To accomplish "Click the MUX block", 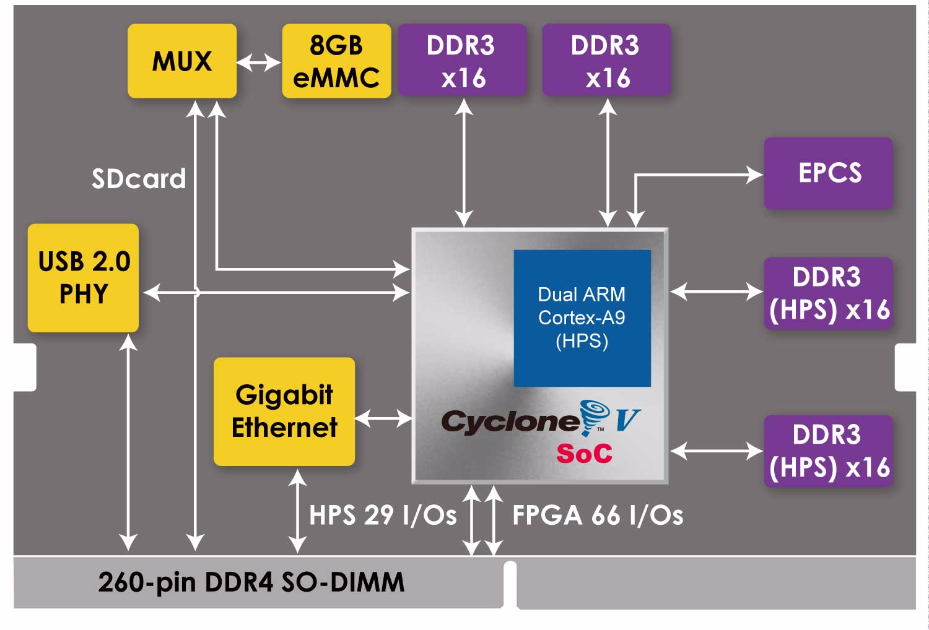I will (182, 61).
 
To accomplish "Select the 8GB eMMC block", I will (336, 61).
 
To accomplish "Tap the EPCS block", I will (828, 173).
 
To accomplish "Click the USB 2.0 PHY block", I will (83, 278).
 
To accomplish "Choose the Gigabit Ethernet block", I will (284, 412).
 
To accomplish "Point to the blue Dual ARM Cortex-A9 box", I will (582, 318).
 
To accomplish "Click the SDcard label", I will (139, 179).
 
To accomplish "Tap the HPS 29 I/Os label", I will (383, 516).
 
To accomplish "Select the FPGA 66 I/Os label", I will (598, 516).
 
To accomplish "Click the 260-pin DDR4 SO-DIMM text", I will (251, 582).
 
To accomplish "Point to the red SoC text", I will (584, 454).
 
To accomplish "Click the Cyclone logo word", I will (510, 422).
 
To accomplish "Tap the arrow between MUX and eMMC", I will (259, 62).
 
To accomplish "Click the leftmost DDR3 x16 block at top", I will (462, 61).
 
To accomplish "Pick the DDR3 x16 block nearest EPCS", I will (607, 61).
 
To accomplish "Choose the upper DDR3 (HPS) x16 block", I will (828, 293).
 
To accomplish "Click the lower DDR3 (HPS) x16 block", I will (828, 451).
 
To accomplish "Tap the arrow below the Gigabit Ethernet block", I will (298, 511).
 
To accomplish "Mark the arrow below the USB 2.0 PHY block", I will (128, 442).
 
